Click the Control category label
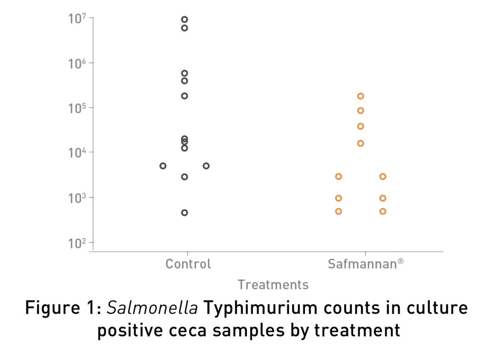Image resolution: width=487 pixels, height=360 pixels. pyautogui.click(x=188, y=264)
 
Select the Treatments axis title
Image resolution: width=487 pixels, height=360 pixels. pyautogui.click(x=273, y=285)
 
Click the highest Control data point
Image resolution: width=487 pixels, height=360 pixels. pyautogui.click(x=185, y=19)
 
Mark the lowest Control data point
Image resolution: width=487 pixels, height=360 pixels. pyautogui.click(x=185, y=213)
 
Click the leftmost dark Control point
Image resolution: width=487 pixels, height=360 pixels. pyautogui.click(x=163, y=166)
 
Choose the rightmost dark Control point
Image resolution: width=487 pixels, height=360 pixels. pyautogui.click(x=206, y=166)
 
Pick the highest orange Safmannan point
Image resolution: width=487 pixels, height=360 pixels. pyautogui.click(x=360, y=96)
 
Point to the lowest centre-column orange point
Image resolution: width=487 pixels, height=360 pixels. pyautogui.click(x=360, y=143)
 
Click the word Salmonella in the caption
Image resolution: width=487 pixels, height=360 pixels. pyautogui.click(x=153, y=309)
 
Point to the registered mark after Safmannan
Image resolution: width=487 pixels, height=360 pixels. pyautogui.click(x=401, y=261)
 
